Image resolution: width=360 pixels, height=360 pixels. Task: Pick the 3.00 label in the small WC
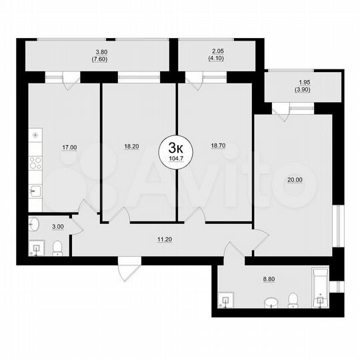(59, 227)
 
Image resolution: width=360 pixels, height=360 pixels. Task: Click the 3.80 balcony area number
(101, 52)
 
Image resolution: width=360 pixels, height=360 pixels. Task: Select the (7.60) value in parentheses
(101, 59)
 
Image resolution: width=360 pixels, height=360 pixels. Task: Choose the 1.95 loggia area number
(303, 85)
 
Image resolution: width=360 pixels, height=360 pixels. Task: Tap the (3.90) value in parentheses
(303, 92)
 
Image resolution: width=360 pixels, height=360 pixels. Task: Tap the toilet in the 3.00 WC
(57, 249)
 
